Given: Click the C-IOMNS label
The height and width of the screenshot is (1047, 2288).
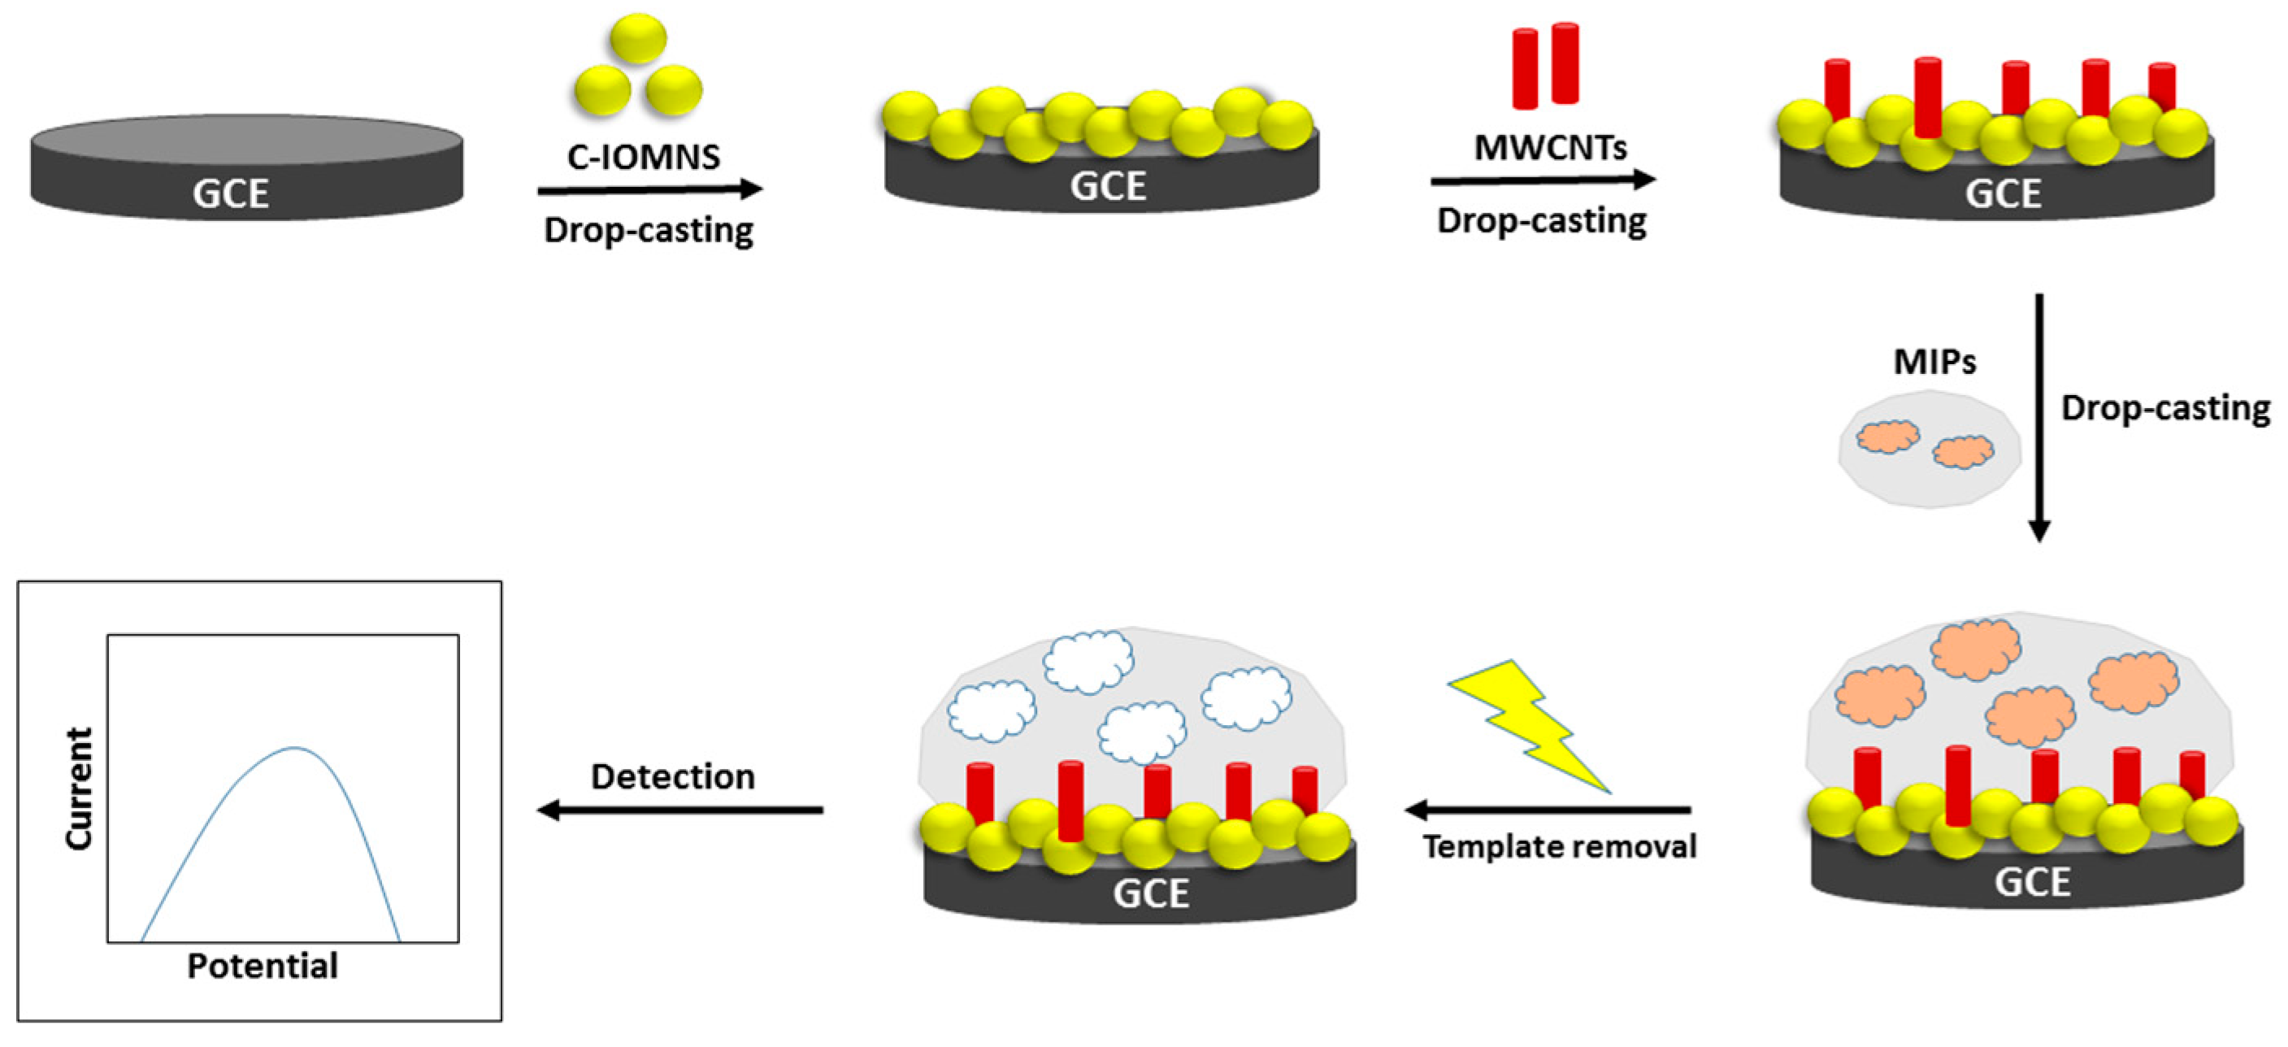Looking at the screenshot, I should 643,157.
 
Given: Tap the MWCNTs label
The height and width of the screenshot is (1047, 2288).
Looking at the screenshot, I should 1550,147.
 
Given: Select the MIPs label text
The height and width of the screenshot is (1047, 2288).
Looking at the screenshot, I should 1934,362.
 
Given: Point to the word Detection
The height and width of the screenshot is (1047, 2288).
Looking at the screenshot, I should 672,777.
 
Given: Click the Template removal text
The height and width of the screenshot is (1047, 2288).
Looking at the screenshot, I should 1559,846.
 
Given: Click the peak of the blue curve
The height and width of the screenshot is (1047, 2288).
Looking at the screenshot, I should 295,749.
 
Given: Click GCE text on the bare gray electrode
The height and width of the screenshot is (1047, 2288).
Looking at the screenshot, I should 231,193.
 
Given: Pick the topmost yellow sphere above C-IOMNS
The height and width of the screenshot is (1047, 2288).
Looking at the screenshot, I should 638,38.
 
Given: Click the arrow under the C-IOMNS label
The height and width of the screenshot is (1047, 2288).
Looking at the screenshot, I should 649,189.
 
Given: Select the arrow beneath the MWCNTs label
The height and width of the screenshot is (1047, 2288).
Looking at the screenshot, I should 1542,180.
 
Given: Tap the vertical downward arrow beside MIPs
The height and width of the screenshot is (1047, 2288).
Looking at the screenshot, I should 2039,417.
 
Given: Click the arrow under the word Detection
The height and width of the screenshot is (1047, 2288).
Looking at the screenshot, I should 680,809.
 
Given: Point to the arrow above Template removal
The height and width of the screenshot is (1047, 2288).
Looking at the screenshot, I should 1548,809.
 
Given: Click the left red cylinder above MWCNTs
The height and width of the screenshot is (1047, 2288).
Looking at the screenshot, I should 1524,69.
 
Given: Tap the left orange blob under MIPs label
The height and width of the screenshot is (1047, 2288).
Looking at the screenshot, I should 1887,437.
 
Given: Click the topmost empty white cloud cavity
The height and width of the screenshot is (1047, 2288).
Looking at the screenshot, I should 1088,661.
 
